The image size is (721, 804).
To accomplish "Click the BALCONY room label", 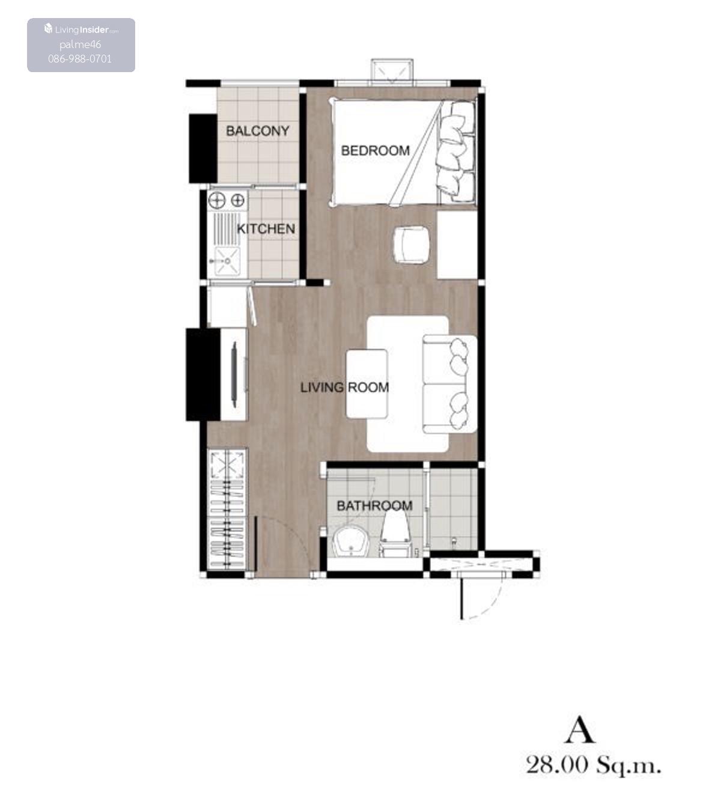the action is click(258, 131).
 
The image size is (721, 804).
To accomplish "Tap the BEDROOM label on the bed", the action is click(376, 151).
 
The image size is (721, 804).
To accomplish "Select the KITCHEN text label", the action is click(266, 228).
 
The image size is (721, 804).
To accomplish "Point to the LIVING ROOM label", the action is click(344, 388).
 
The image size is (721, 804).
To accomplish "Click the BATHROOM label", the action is click(374, 505).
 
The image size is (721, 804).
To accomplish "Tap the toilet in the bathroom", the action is click(395, 532).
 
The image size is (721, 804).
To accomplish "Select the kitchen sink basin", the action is click(227, 261).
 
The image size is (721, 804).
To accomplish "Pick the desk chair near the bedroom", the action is click(412, 245).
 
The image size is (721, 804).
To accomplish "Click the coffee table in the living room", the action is click(367, 384).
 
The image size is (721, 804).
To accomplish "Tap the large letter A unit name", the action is click(580, 729).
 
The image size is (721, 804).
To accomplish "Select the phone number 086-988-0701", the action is click(80, 59).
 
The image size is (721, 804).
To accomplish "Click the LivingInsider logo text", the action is click(81, 29).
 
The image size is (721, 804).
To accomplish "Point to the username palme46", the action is click(80, 44).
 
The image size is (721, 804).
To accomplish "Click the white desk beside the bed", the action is click(457, 245).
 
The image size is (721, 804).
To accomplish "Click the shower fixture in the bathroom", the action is click(454, 540).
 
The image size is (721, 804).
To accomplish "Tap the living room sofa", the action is click(450, 384).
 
